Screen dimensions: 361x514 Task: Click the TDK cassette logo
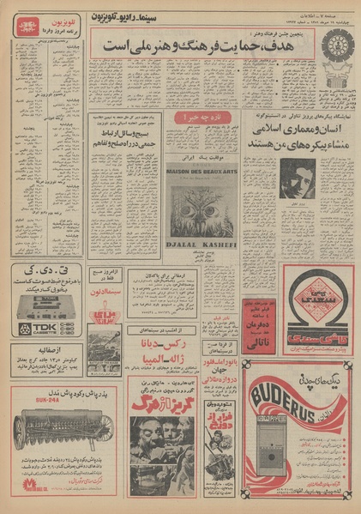35,328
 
